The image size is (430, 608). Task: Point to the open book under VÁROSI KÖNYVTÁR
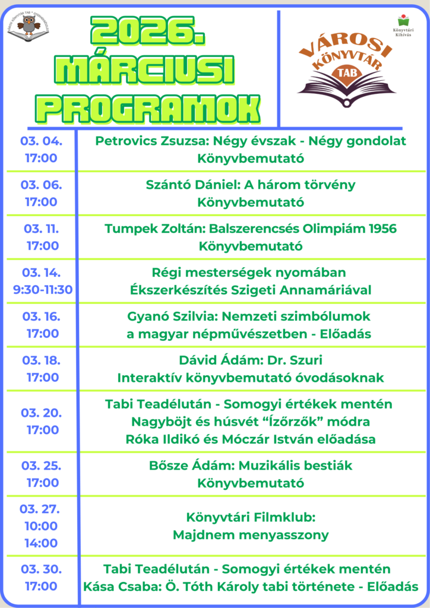347,90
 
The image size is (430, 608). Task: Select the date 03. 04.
42,141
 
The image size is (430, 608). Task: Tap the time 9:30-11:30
42,290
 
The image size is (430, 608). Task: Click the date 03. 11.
42,229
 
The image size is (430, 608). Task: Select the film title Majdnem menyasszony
250,535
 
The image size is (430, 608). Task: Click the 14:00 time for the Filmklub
42,543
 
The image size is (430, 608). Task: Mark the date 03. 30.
42,569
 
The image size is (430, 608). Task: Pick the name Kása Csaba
118,586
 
